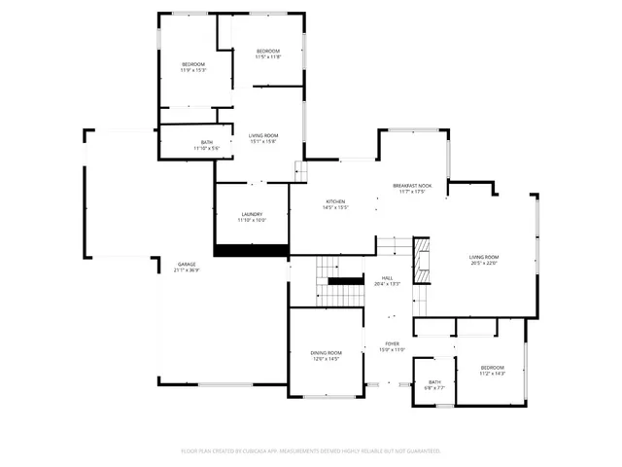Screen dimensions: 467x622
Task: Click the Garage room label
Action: (x=188, y=265)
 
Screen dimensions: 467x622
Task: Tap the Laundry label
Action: (x=251, y=214)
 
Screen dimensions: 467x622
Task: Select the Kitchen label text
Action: (x=335, y=200)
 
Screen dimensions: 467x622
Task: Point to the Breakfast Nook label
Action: (x=412, y=185)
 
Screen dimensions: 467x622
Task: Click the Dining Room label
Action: (x=326, y=352)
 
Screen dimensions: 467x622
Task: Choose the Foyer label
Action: (x=392, y=343)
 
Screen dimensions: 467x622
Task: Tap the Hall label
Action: (x=386, y=277)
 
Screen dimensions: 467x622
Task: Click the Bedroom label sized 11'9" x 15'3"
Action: (x=192, y=64)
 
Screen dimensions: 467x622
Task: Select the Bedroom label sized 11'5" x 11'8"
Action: (x=268, y=51)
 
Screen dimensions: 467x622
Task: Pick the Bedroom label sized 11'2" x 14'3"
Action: (x=493, y=368)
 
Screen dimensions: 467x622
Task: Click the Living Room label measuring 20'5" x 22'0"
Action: (x=483, y=257)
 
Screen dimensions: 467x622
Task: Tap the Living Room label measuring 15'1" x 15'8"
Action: (x=262, y=136)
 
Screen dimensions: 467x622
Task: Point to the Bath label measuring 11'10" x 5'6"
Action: (x=207, y=142)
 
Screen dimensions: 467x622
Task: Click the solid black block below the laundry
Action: (x=251, y=251)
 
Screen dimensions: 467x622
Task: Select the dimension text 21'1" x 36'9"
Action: (x=188, y=270)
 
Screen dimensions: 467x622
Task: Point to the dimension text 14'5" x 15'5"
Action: (x=335, y=206)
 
